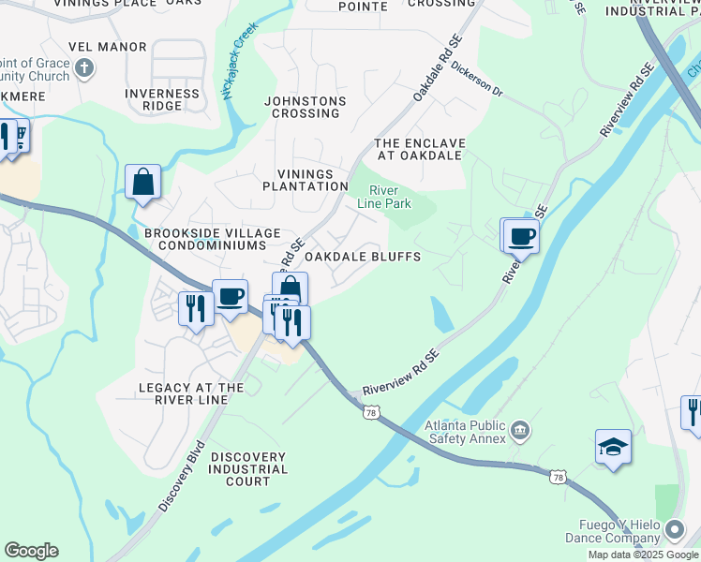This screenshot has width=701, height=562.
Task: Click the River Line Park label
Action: tap(384, 196)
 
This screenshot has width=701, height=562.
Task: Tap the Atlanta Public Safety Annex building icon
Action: tap(520, 431)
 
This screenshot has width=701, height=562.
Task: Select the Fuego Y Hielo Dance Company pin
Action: tap(674, 532)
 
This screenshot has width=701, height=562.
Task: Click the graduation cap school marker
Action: tap(613, 448)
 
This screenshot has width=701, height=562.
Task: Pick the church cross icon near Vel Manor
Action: tap(84, 68)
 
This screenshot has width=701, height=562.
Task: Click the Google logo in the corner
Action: tap(31, 551)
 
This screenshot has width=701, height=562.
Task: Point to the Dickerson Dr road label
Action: tap(477, 81)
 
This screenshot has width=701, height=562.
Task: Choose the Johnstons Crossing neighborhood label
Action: tap(305, 107)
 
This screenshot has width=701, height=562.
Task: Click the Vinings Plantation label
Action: tap(312, 180)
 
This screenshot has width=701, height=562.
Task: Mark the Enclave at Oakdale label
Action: tap(419, 149)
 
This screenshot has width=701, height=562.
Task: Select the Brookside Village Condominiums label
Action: tap(212, 239)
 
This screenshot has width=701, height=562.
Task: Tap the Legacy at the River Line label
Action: tap(191, 393)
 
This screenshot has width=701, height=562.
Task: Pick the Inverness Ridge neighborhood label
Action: tap(162, 99)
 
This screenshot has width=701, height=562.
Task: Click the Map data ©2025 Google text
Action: tap(643, 555)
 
